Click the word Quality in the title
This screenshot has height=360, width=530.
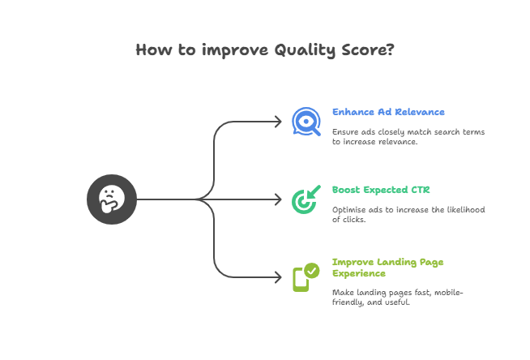[x=305, y=50]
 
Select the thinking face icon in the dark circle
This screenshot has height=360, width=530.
[x=112, y=199]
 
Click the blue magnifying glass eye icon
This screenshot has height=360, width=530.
[x=306, y=122]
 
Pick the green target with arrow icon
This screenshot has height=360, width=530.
[x=306, y=199]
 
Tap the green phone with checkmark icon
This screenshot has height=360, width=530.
[x=306, y=277]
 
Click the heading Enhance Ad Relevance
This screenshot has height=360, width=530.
[x=388, y=112]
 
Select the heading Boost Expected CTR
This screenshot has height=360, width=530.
[x=381, y=190]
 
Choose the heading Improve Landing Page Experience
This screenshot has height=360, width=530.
[x=387, y=268]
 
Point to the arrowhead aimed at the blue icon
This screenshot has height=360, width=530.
[x=279, y=122]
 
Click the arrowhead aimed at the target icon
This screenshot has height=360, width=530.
[x=279, y=199]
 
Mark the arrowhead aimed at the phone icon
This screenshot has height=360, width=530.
[x=279, y=277]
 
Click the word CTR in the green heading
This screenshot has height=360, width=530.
[x=421, y=190]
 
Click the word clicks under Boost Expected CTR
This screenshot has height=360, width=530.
[x=354, y=220]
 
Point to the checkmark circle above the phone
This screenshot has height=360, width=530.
[x=312, y=271]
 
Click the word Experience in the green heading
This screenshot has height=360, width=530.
[x=359, y=273]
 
